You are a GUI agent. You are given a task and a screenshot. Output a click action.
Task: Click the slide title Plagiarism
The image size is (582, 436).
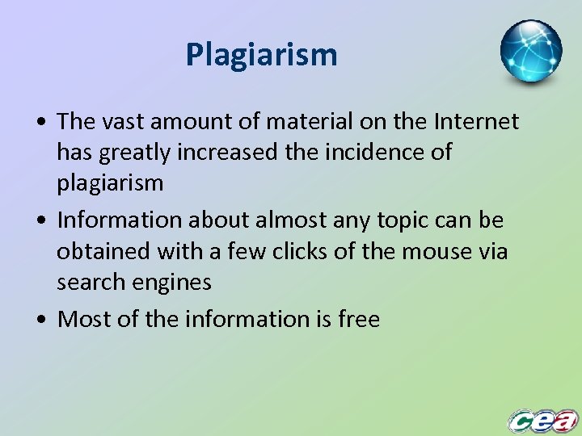point(261,55)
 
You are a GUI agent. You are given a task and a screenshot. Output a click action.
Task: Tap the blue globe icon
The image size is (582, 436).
point(530,52)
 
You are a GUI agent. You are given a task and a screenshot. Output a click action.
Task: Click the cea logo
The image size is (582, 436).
point(542,420)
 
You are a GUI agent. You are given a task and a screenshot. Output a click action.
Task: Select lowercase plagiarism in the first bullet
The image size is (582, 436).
point(110,182)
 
